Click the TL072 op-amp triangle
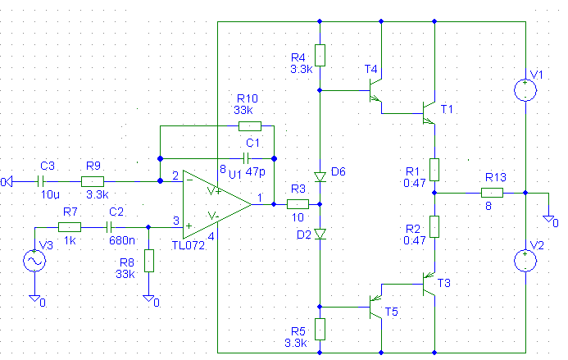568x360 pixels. pos(216,204)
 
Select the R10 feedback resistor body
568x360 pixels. pos(250,125)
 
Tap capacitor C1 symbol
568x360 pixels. pos(246,158)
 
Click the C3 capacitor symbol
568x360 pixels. pos(41,181)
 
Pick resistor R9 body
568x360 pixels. pos(93,181)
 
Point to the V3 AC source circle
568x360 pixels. pos(34,261)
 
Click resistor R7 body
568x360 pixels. pos(70,227)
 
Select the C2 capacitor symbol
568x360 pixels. pos(109,227)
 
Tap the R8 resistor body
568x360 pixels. pos(149,261)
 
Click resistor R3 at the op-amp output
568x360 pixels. pos(298,204)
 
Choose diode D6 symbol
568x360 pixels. pos(320,177)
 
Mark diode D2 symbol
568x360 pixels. pos(320,235)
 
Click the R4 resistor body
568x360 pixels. pos(320,56)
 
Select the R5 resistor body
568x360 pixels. pos(320,329)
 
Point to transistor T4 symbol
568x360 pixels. pos(375,90)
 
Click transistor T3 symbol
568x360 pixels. pos(429,284)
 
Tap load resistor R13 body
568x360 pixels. pos(492,193)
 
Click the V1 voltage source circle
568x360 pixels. pos(525,90)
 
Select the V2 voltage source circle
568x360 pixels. pos(525,261)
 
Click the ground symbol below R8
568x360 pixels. pos(148,298)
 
